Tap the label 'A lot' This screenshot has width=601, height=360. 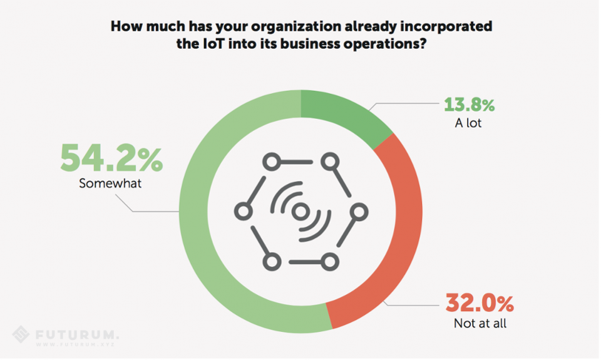tap(468, 123)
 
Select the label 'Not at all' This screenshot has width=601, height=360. tap(480, 324)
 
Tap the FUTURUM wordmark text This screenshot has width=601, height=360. tap(76, 333)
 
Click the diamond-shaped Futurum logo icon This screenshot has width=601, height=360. tap(21, 335)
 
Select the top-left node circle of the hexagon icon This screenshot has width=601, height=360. tap(270, 163)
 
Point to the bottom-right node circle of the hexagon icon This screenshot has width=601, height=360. tap(331, 261)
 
